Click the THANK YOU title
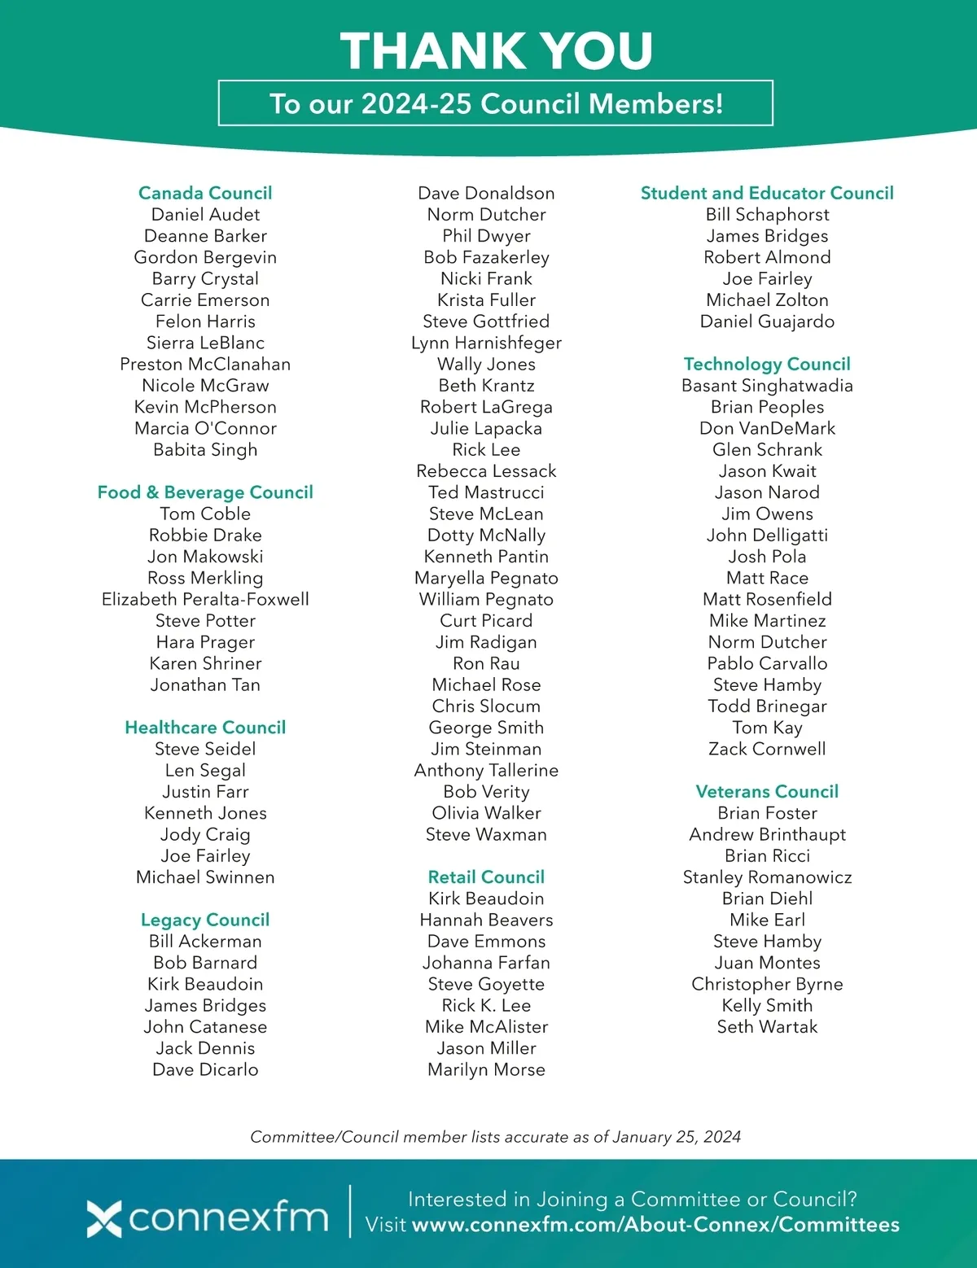click(496, 50)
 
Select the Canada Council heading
click(205, 193)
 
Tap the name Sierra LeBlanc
click(205, 343)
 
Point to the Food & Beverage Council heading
click(205, 492)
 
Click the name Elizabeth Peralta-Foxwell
click(205, 599)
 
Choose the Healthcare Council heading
click(205, 728)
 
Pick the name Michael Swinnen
click(205, 877)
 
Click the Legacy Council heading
click(205, 920)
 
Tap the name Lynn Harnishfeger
click(486, 343)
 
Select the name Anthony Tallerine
click(486, 770)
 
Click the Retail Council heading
click(486, 877)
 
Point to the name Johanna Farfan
click(486, 963)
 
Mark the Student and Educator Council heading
click(767, 193)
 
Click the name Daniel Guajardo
click(767, 321)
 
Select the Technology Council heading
click(767, 364)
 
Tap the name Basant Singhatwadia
click(767, 386)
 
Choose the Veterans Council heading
click(767, 792)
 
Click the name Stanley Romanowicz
click(767, 877)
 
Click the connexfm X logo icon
click(104, 1218)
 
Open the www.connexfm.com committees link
click(655, 1225)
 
